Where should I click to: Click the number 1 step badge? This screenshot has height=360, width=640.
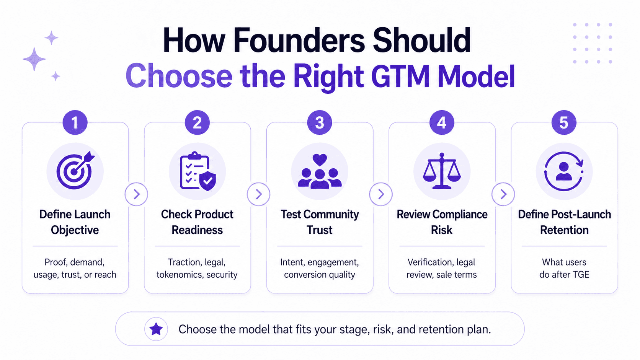(75, 123)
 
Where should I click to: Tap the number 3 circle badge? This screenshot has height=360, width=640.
(320, 123)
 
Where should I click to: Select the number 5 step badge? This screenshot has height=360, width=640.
(564, 123)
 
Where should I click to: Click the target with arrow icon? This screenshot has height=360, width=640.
(75, 171)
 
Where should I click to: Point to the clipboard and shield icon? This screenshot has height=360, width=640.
(198, 171)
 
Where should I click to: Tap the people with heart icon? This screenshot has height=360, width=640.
(320, 171)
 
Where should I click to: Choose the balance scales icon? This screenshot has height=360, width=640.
(442, 171)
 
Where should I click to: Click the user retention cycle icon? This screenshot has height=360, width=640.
(564, 171)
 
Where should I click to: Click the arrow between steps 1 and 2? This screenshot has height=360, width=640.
(136, 194)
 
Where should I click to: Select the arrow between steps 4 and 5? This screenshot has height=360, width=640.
(503, 194)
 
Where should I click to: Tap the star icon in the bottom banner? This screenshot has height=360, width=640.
(156, 329)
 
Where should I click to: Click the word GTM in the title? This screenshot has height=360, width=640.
(400, 76)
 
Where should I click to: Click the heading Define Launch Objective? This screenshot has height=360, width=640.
(75, 222)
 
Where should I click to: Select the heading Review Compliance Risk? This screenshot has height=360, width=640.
(442, 222)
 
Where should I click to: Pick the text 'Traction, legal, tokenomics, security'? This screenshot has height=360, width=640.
(197, 268)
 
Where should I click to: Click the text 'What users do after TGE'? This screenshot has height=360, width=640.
(564, 268)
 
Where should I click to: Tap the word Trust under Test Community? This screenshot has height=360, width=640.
(320, 230)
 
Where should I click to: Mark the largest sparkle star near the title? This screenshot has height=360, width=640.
(34, 59)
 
